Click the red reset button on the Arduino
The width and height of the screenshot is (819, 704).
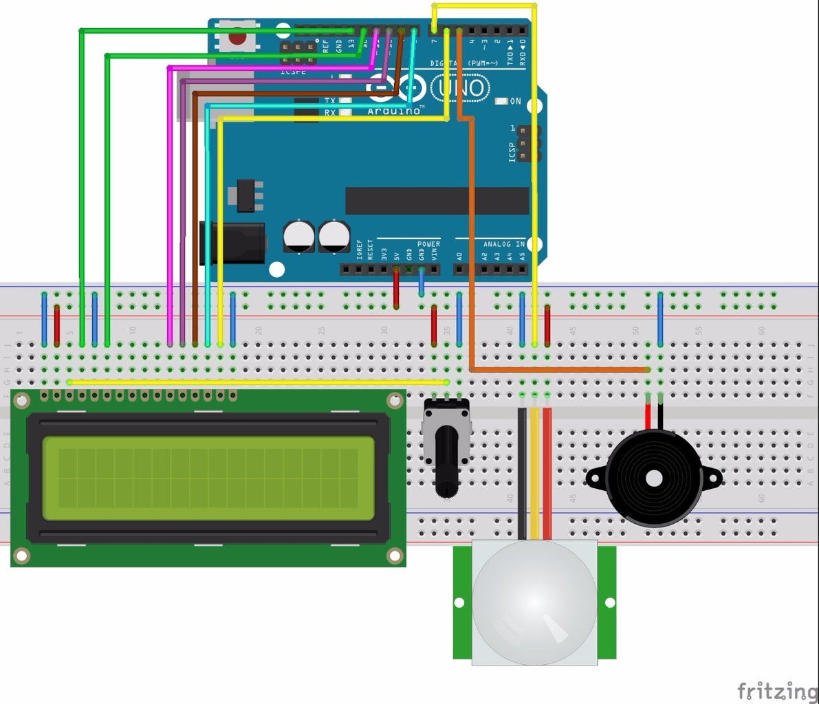(x=237, y=37)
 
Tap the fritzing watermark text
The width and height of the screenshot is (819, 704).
(x=777, y=690)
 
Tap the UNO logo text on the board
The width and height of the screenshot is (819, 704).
(x=460, y=87)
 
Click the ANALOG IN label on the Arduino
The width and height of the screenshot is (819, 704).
(x=503, y=244)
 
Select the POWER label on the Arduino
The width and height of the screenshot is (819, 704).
(x=428, y=244)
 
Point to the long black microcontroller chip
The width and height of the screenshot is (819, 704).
(x=437, y=201)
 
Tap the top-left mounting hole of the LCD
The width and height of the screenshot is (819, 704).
(x=22, y=401)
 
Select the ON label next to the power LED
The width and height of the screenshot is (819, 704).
(x=516, y=101)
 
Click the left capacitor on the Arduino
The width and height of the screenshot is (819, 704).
(x=299, y=236)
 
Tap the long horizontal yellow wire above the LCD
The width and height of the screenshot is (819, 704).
(x=258, y=382)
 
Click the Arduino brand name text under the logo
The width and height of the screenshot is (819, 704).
(x=393, y=111)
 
